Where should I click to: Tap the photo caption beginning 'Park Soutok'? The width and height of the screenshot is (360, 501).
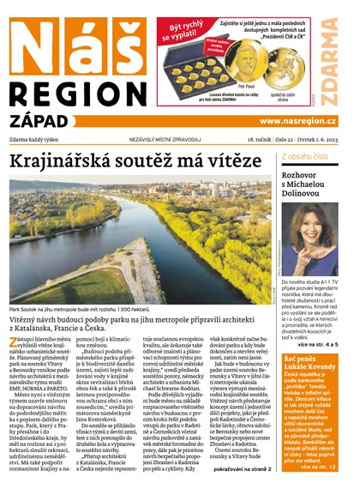[x=79, y=308]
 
